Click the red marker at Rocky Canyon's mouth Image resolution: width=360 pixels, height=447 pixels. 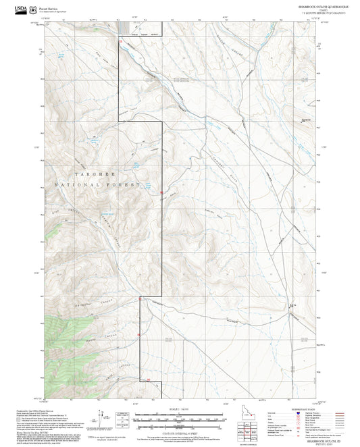(138, 334)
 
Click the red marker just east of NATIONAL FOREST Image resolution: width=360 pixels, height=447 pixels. (161, 195)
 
